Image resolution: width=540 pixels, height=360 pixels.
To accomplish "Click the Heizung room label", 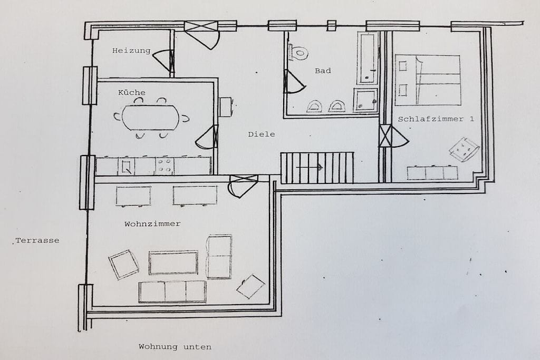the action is tap(131, 51).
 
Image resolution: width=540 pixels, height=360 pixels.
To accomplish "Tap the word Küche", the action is tap(131, 93).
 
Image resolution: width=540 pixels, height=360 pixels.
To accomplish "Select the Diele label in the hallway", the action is tap(262, 134).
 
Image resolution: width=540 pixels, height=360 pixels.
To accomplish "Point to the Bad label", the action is tap(323, 71).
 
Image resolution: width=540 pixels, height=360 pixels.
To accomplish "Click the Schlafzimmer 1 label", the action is tap(436, 119).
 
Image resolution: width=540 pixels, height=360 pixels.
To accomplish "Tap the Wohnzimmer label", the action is tap(152, 224).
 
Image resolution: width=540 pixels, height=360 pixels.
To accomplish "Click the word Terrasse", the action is tap(37, 240).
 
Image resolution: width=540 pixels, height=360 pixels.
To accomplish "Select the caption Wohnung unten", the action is tap(175, 347).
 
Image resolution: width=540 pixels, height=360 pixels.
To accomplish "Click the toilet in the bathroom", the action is tap(298, 53).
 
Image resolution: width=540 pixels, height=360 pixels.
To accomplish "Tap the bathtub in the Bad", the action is tap(368, 58).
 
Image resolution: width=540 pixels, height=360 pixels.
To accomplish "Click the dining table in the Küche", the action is tap(151, 118).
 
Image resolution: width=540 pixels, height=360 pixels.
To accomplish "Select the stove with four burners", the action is tap(165, 166).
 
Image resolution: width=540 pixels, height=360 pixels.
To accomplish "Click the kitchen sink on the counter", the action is tap(126, 166).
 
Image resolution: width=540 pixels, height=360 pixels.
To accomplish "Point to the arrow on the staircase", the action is tap(309, 168).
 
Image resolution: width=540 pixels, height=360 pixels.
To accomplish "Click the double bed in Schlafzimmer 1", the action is tap(427, 80).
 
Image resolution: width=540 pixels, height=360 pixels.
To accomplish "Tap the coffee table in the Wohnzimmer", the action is tap(173, 262).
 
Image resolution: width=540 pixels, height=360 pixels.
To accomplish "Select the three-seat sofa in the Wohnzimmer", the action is tap(172, 291).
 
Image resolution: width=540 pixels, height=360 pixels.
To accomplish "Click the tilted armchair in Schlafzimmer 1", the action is tap(464, 149).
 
